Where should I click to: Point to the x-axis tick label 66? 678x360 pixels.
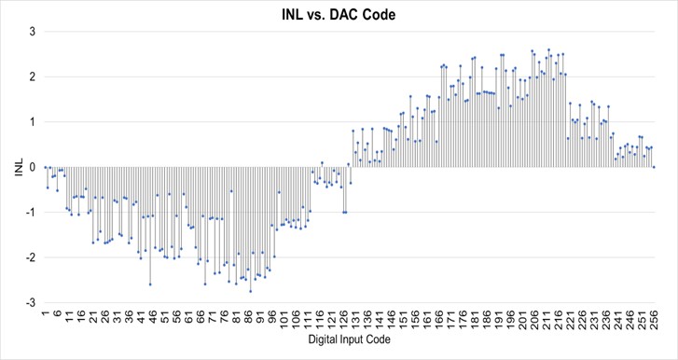[200, 317]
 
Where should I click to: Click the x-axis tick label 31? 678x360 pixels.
[117, 317]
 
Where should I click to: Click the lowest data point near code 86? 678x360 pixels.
[250, 292]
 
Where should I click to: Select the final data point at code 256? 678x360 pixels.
[654, 167]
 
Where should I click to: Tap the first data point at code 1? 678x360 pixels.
[45, 167]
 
